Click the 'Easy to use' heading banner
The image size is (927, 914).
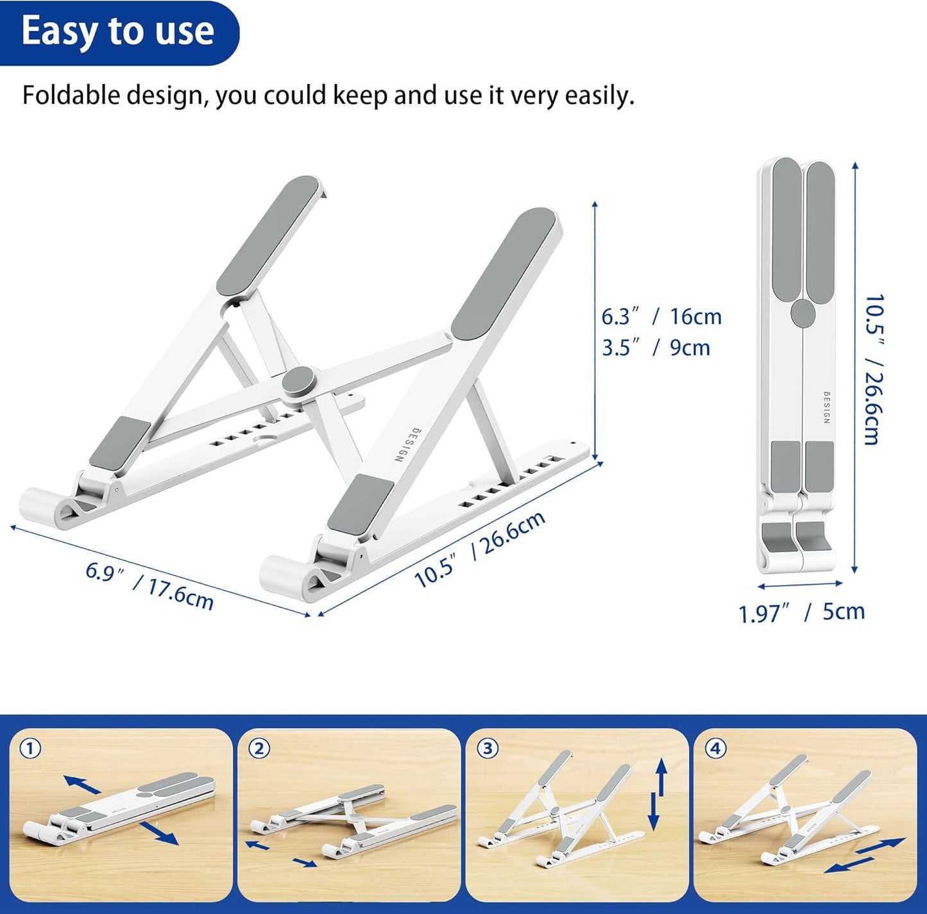(x=118, y=31)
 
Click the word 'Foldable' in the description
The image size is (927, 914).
(x=71, y=96)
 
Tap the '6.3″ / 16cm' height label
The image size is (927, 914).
(x=661, y=317)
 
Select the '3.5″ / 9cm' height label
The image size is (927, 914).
(x=656, y=348)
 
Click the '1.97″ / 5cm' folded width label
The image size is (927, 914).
(x=801, y=613)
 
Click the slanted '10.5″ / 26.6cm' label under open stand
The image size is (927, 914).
(x=480, y=548)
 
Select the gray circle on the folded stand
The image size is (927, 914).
(x=803, y=313)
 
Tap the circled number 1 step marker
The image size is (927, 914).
(x=30, y=749)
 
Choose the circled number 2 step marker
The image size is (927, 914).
(x=259, y=749)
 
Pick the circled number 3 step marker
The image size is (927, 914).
(x=488, y=749)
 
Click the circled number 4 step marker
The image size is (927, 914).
(x=715, y=749)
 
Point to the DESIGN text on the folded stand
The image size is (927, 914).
(x=826, y=407)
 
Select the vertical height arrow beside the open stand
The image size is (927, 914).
(x=595, y=330)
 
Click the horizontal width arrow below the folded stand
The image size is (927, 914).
(x=800, y=584)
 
